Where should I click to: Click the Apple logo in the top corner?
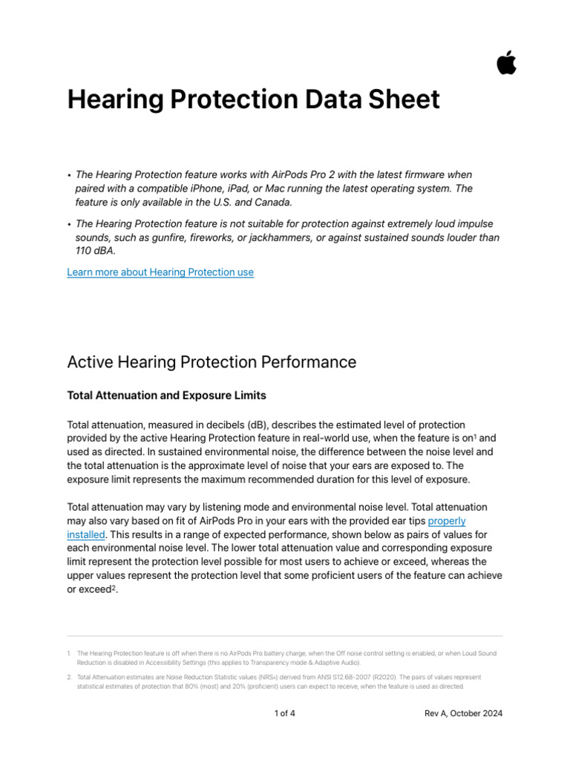(x=507, y=63)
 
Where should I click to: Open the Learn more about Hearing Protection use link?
(x=160, y=272)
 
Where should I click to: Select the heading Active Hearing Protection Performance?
(x=212, y=362)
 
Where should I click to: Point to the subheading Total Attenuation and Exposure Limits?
(x=166, y=396)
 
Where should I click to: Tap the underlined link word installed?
(x=86, y=534)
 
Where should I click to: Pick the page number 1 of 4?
(x=284, y=713)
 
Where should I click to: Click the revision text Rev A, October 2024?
(x=463, y=713)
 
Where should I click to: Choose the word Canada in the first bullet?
(x=273, y=202)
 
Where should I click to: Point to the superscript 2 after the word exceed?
(x=115, y=588)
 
